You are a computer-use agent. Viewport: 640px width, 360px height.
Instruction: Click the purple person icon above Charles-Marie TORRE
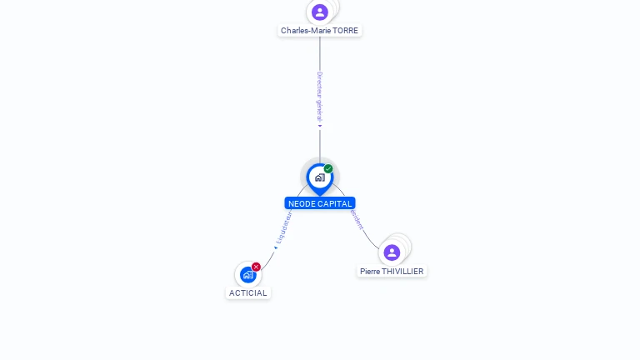point(320,12)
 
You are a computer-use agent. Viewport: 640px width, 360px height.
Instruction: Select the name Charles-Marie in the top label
point(303,31)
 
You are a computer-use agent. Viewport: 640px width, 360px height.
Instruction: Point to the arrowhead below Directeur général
point(320,127)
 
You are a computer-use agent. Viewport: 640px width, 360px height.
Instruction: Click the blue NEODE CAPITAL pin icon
point(319,177)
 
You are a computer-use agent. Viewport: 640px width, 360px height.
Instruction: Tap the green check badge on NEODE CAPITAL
point(328,169)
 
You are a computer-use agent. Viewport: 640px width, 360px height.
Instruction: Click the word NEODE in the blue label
point(301,203)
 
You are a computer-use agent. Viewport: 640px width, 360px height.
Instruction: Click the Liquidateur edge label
point(284,227)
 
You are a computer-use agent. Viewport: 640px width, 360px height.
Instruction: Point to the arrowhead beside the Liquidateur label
point(276,247)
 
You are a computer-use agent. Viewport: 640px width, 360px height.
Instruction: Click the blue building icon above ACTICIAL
point(247,274)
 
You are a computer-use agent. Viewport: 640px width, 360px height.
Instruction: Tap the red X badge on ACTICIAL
point(256,267)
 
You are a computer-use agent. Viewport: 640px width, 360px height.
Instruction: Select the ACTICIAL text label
point(248,293)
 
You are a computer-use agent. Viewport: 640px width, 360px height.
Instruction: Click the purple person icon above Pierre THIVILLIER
point(392,252)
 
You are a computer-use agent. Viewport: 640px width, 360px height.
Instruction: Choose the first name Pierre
point(370,272)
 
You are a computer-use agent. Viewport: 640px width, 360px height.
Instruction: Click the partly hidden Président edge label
point(357,221)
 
